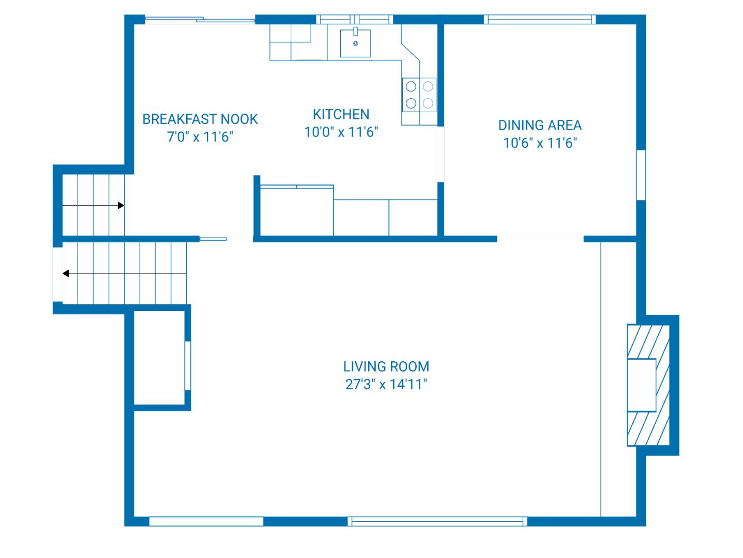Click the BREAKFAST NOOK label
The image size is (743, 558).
coord(200,119)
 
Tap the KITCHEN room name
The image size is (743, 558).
coord(341,114)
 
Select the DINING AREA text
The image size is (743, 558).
coord(540,126)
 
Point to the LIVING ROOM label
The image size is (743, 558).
coord(386,367)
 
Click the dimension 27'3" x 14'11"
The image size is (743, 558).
coord(386,385)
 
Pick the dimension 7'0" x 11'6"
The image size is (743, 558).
coord(200,137)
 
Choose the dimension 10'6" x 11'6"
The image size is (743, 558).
coord(540,143)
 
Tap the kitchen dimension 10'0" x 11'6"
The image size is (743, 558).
coord(341,132)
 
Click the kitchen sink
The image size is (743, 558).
coord(355,43)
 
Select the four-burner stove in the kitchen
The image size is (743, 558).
coord(419,95)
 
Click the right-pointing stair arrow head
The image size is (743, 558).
coord(121,206)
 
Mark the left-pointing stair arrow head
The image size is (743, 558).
coord(66,273)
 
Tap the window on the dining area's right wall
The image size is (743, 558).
coord(641,175)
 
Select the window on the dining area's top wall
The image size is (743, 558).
coord(540,20)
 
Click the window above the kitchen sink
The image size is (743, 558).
coord(355,20)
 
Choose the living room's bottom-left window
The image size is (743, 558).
coord(206,521)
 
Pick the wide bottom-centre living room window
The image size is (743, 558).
coord(438,521)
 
